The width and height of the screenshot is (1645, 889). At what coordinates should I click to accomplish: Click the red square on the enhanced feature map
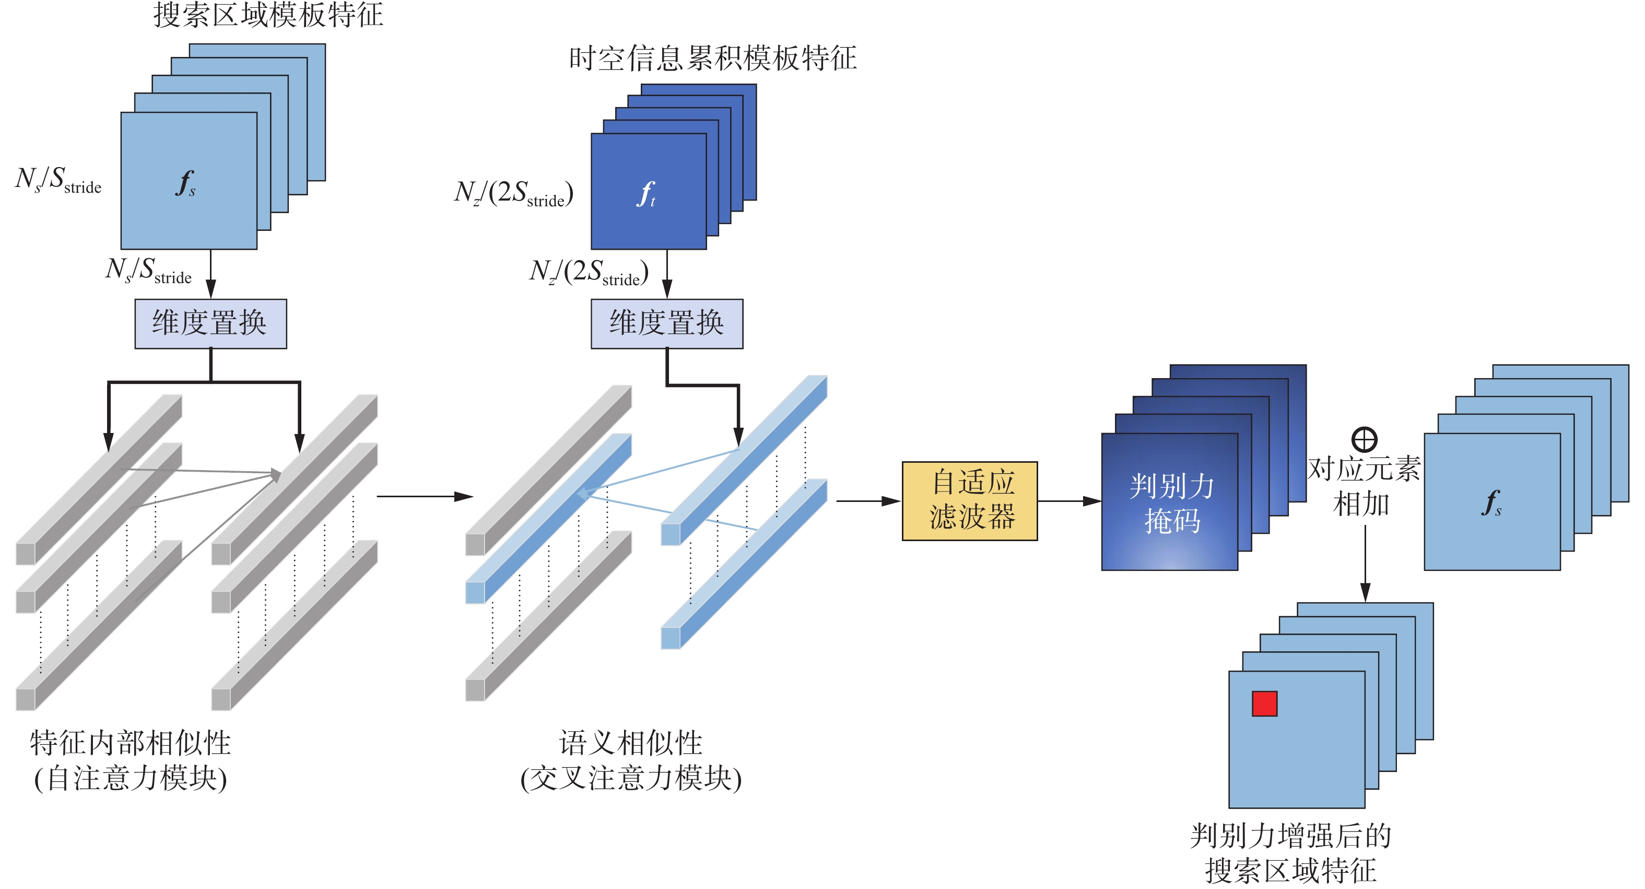tap(1264, 704)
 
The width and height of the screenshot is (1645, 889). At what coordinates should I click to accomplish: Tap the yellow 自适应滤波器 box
tap(969, 501)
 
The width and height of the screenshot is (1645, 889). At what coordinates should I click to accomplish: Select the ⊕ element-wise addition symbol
tap(1364, 439)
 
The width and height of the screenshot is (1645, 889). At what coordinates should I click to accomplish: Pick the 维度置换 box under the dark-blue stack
tap(667, 323)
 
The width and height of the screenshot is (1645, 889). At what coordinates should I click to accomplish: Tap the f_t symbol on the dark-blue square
tap(647, 193)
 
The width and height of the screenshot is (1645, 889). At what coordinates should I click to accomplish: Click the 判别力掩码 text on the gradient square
tap(1171, 503)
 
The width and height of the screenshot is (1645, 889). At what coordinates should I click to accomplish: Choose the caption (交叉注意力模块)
tap(631, 778)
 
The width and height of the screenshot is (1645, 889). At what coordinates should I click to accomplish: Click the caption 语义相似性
tap(631, 743)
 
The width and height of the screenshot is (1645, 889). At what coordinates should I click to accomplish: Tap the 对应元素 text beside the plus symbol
tap(1364, 470)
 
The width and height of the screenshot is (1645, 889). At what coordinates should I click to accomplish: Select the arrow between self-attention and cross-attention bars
tap(424, 496)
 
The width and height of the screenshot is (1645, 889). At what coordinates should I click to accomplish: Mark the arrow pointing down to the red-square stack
tap(1365, 562)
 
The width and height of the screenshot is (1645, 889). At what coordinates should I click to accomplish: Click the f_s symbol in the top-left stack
tap(185, 183)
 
